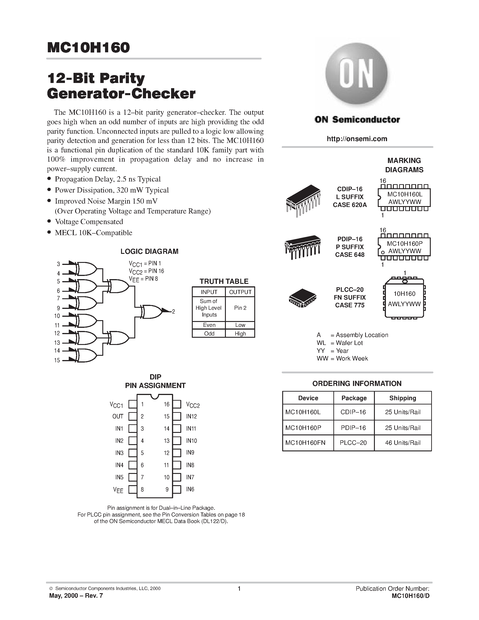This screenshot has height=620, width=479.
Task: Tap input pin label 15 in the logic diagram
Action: (x=57, y=360)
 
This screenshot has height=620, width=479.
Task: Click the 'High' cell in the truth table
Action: (x=240, y=334)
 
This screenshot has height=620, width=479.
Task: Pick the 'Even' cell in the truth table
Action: (x=209, y=325)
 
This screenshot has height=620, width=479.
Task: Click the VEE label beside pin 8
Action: (x=118, y=490)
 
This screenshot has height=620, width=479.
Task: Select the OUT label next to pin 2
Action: (x=118, y=416)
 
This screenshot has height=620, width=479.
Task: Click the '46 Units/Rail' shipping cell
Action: (x=402, y=443)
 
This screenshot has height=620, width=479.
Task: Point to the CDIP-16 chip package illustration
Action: (x=303, y=200)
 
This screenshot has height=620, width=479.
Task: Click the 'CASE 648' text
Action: (x=350, y=255)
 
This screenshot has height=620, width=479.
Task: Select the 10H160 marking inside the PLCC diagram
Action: (x=404, y=294)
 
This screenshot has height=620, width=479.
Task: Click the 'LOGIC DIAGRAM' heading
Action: (x=149, y=252)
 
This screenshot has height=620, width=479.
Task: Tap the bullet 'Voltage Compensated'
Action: (x=89, y=222)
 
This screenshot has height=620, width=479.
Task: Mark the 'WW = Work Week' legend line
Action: (x=342, y=358)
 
